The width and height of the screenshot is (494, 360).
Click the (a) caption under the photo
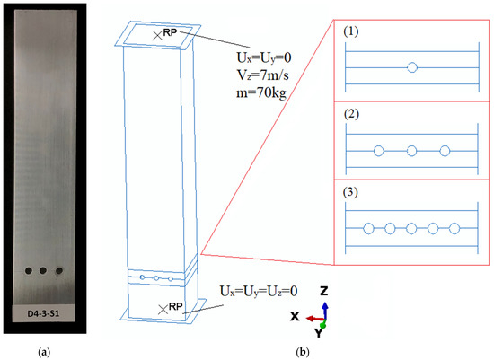click(46, 348)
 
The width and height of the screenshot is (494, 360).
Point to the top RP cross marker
click(158, 34)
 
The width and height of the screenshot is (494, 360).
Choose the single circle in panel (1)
click(411, 66)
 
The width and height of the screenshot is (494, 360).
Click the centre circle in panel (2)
click(411, 150)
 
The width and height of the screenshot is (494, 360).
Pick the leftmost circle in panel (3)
click(368, 229)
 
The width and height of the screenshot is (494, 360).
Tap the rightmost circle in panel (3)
click(454, 229)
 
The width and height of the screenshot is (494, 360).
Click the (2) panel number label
click(351, 117)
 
